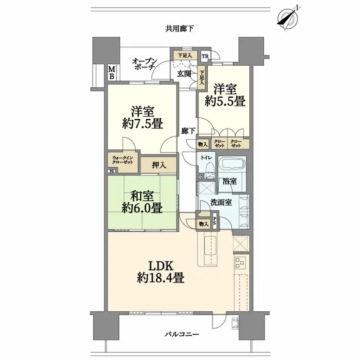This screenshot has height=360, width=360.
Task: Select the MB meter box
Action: [111, 72]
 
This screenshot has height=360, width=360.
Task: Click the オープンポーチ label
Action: [144, 63]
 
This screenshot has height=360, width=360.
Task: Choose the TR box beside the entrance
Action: [205, 56]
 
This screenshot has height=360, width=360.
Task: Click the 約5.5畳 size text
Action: [229, 101]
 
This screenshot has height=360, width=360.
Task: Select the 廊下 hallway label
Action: [188, 131]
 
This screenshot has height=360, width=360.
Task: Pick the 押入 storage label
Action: [159, 165]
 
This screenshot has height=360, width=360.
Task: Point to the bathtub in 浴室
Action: [232, 164]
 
